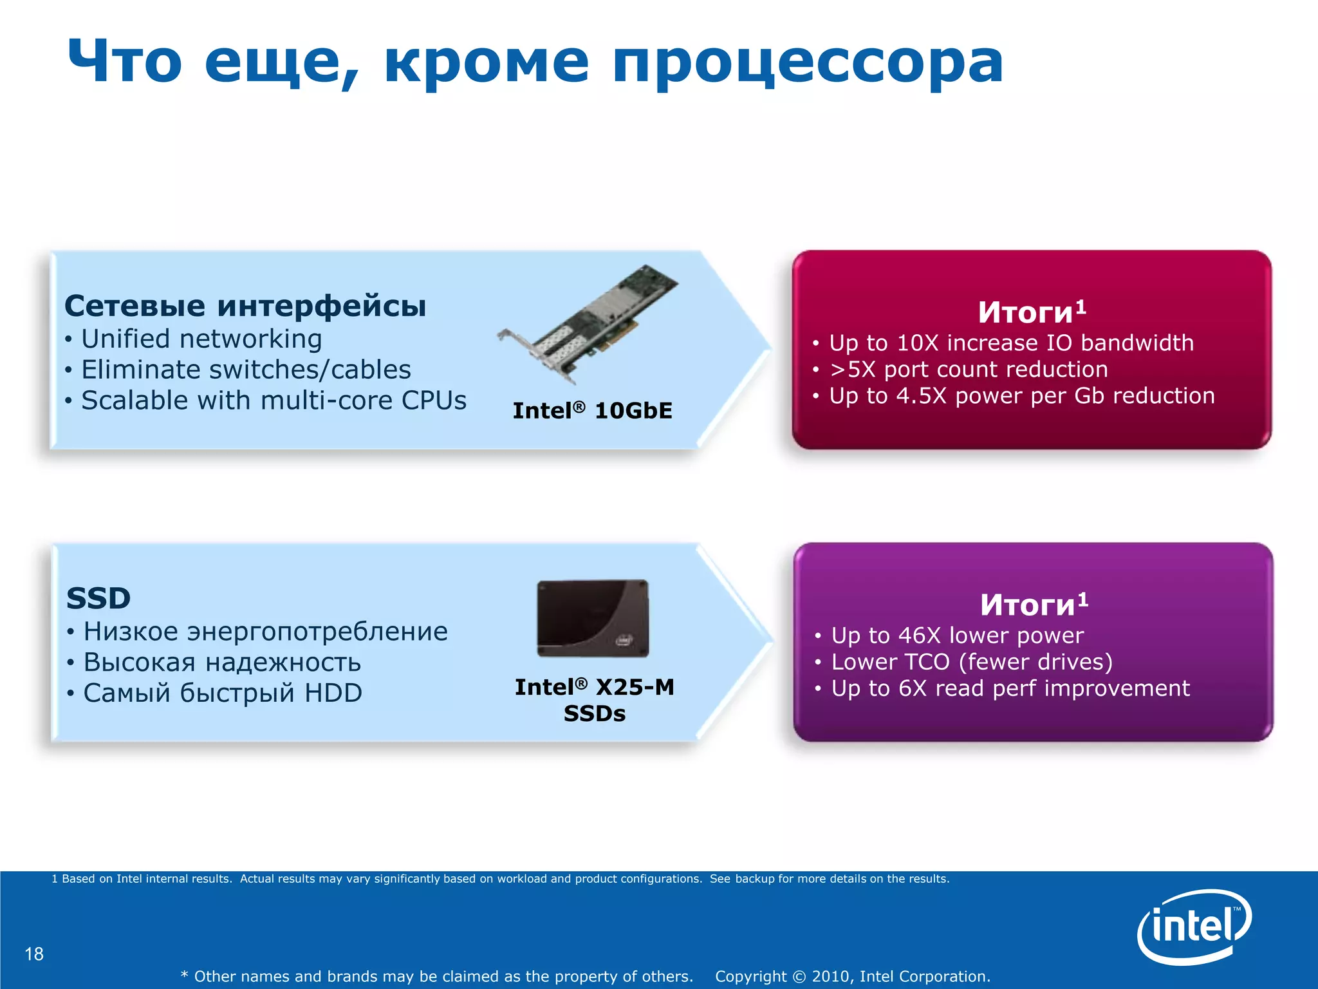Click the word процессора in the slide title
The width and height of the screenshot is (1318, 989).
tap(808, 62)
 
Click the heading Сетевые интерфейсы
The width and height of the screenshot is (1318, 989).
tap(245, 305)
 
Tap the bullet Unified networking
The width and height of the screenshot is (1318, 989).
tap(201, 339)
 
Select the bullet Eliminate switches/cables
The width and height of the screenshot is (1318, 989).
tap(245, 370)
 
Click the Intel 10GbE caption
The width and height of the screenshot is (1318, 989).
tap(592, 410)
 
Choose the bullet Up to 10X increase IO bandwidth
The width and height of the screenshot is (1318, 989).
tap(1010, 343)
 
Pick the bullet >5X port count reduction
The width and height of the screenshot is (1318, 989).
tap(968, 369)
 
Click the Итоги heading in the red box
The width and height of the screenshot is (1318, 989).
tap(1032, 312)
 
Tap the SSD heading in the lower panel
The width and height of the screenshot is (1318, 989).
tap(98, 598)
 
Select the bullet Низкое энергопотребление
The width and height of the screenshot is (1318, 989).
tap(265, 631)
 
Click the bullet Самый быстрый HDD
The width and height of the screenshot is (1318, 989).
tap(222, 693)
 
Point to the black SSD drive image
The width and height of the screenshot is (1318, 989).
tap(593, 618)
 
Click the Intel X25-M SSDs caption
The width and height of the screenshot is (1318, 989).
tap(594, 700)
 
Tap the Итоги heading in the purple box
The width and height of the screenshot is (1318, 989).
tap(1034, 604)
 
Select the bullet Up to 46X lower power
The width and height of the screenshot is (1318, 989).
tap(957, 635)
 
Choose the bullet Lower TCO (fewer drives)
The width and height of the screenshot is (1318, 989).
tap(971, 661)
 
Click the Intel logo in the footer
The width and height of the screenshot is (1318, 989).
tap(1194, 925)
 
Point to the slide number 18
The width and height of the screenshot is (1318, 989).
tap(34, 954)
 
